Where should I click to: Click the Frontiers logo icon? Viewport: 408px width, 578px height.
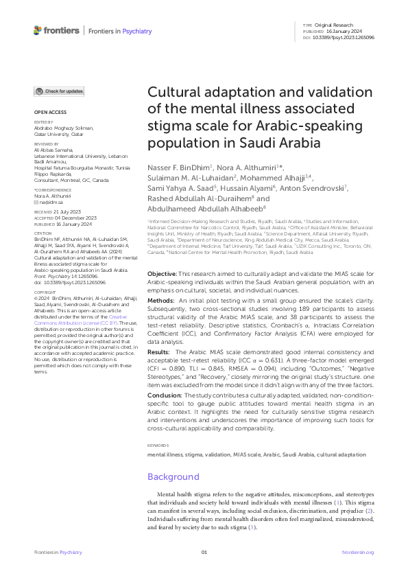pos(38,31)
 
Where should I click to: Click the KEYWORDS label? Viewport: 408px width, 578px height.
pos(158,446)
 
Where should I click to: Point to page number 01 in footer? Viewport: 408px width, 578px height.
pos(204,552)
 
